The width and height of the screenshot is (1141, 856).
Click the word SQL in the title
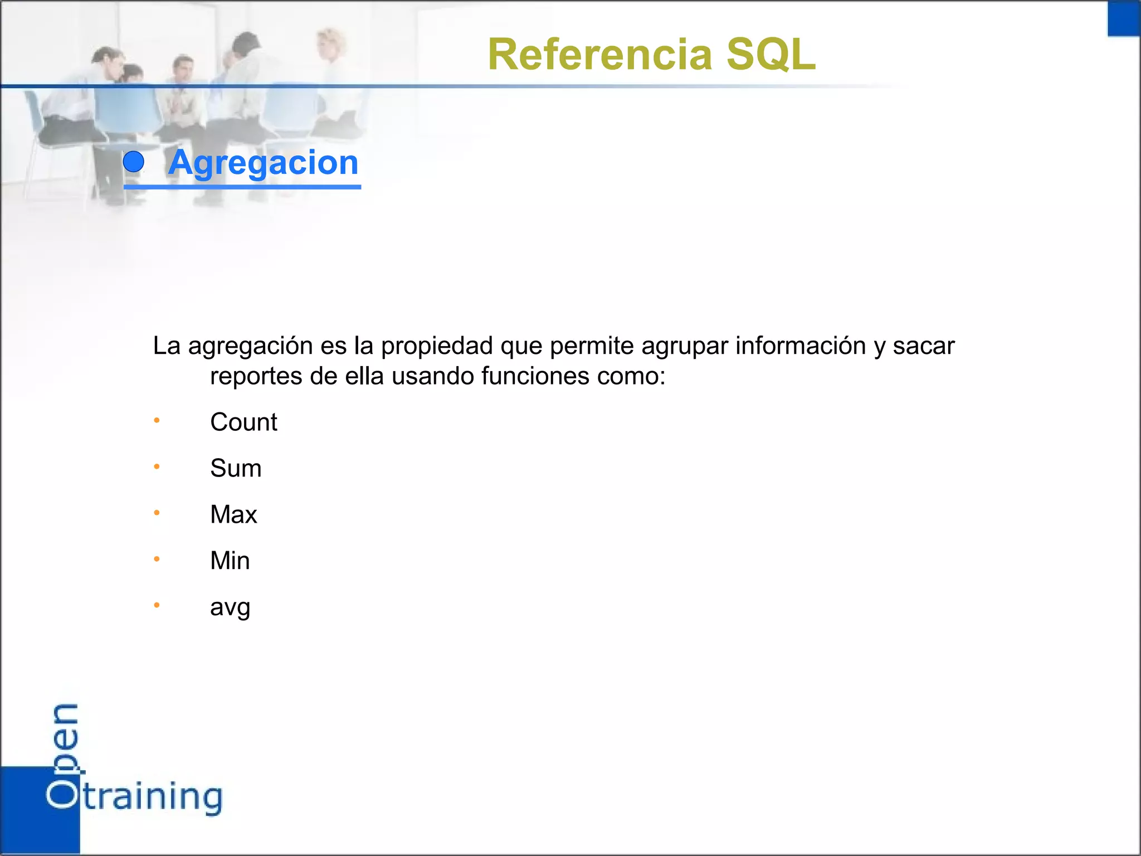pos(771,55)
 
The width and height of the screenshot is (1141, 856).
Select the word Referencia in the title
pos(600,55)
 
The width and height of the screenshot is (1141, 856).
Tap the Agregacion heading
pos(263,163)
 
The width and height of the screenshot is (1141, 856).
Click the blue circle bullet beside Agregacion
pos(134,162)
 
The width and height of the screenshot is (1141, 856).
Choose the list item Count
pos(243,422)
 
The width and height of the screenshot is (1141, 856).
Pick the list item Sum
pos(236,469)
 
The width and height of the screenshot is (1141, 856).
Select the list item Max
pos(233,515)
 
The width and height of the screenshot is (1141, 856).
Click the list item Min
pos(230,561)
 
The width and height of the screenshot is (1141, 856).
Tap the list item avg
pos(230,607)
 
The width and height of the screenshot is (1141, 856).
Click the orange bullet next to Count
pos(157,420)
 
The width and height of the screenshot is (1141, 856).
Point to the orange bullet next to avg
pos(157,605)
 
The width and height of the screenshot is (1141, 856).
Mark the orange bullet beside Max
pos(157,513)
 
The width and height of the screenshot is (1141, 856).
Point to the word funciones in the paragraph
pos(535,377)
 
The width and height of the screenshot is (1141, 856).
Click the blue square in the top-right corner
pos(1123,19)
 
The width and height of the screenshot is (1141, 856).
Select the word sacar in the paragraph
pos(924,347)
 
